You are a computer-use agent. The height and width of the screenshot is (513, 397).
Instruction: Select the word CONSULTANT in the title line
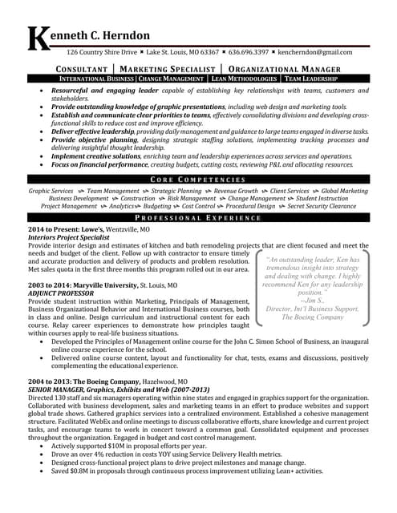[x=83, y=69]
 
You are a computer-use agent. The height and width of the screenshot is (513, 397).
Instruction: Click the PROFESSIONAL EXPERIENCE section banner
[x=200, y=218]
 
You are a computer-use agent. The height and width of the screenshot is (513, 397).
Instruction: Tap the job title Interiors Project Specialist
[x=69, y=237]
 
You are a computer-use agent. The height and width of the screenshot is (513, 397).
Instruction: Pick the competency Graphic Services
[x=51, y=191]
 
